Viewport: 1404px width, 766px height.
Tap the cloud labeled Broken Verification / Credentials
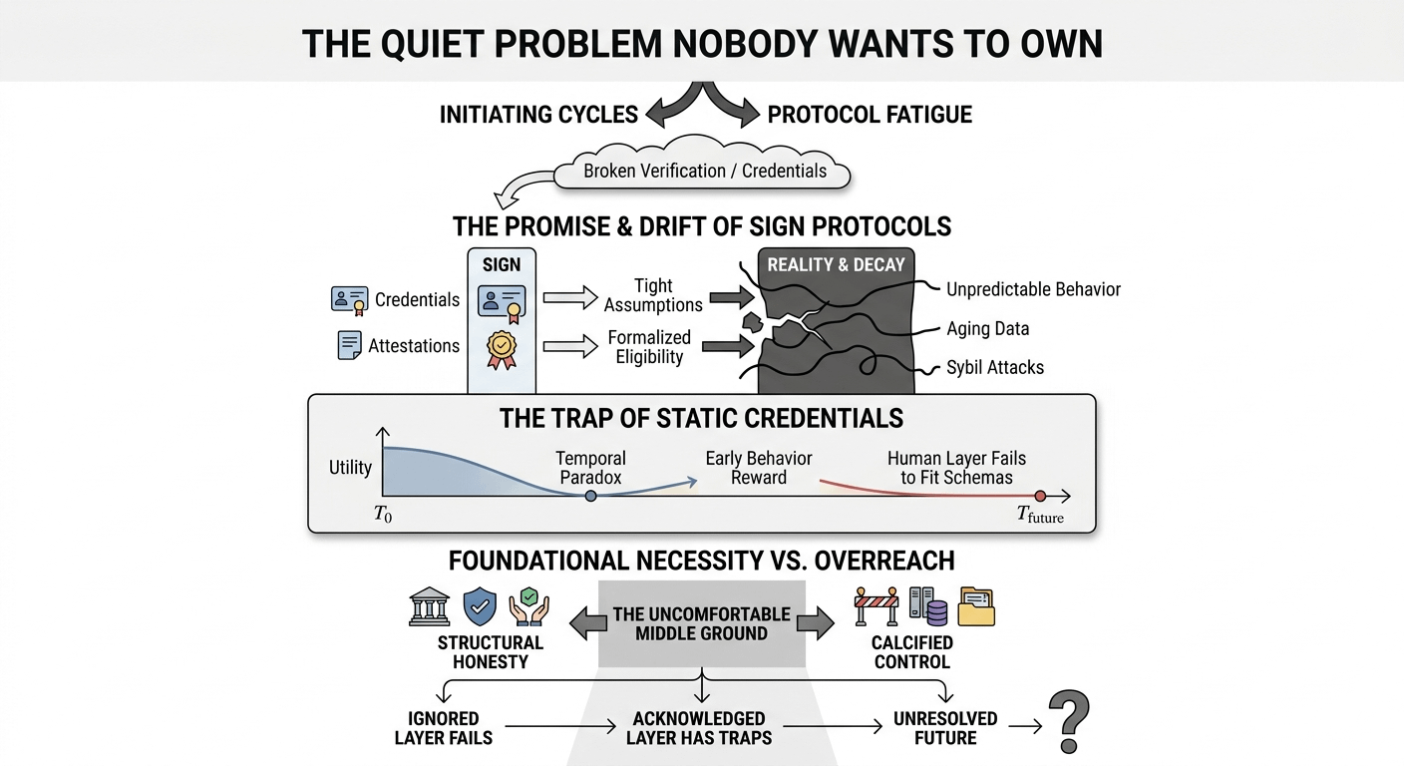pyautogui.click(x=704, y=171)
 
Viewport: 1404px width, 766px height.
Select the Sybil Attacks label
pyautogui.click(x=994, y=367)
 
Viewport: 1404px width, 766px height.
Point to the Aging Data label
pyautogui.click(x=987, y=328)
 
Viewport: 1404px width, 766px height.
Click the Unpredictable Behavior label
pyautogui.click(x=1032, y=289)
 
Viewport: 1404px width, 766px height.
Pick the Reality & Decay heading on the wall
pyautogui.click(x=836, y=264)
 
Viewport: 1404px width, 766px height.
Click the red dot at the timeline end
pyautogui.click(x=1040, y=496)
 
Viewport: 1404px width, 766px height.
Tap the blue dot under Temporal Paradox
pyautogui.click(x=590, y=496)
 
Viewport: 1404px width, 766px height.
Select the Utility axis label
pyautogui.click(x=350, y=467)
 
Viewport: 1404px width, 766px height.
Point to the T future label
pyautogui.click(x=1040, y=516)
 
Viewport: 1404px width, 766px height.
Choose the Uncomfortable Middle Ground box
pyautogui.click(x=701, y=623)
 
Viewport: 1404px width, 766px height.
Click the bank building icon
pyautogui.click(x=430, y=606)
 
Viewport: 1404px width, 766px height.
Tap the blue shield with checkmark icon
pyautogui.click(x=481, y=606)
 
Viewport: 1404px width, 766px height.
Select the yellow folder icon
pyautogui.click(x=976, y=606)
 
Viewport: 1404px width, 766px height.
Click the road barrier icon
pyautogui.click(x=877, y=606)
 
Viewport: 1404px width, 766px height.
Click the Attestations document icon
pyautogui.click(x=350, y=345)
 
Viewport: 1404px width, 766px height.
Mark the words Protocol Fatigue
pyautogui.click(x=870, y=114)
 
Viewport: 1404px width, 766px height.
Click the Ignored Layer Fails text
pyautogui.click(x=444, y=728)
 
